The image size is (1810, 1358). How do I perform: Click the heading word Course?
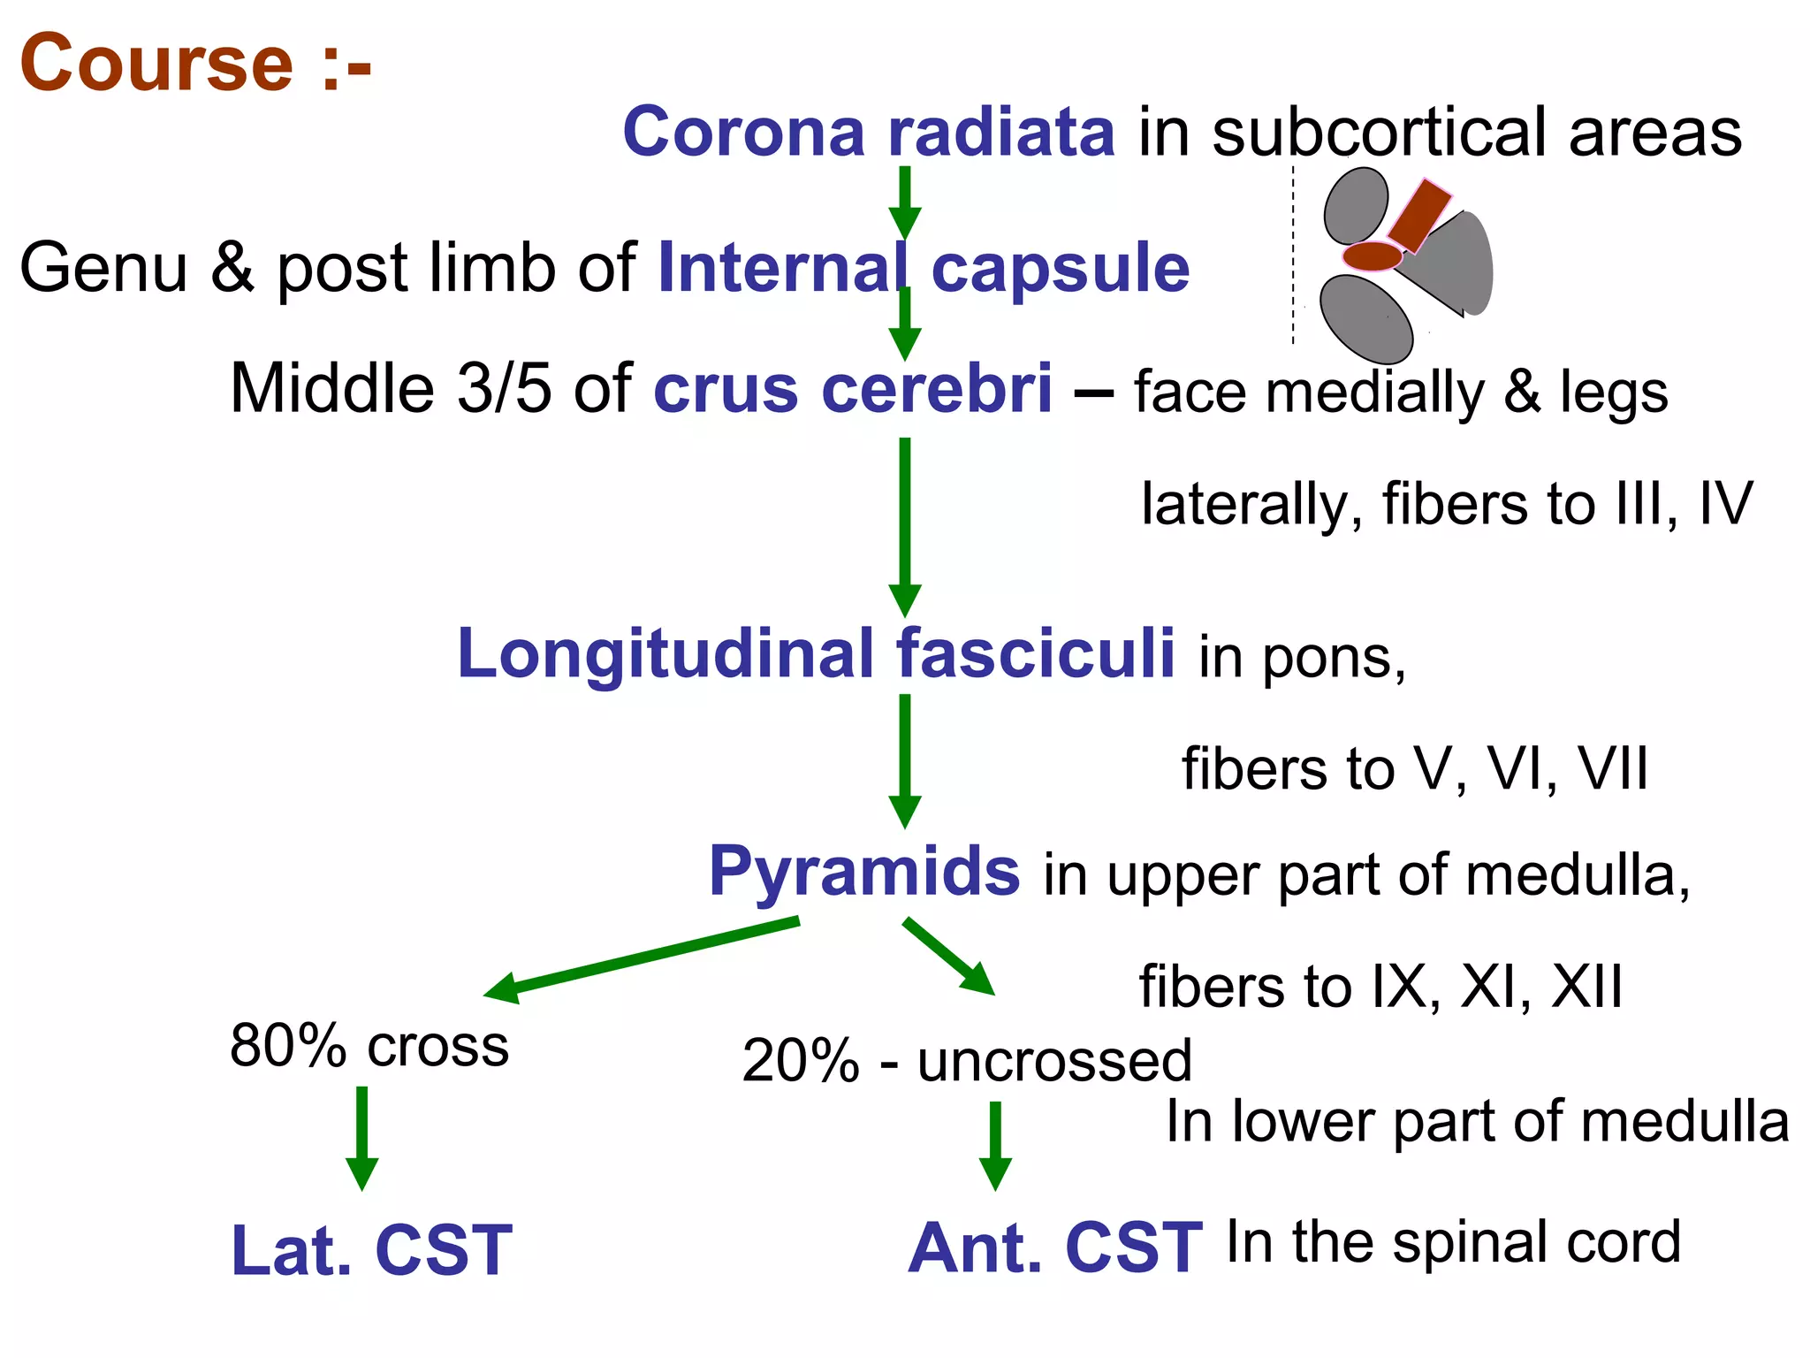pos(156,64)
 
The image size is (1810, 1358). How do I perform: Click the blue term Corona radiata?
pos(869,133)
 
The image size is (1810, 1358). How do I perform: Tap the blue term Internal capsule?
pos(924,268)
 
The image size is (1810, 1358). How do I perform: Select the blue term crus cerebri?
pos(853,389)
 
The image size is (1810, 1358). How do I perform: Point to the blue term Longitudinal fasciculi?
pos(816,654)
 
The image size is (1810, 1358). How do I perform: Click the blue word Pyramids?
pos(864,872)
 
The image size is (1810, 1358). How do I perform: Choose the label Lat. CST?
pos(371,1250)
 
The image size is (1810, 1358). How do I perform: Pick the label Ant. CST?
pos(1055,1248)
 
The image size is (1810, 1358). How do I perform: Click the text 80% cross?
pos(369,1046)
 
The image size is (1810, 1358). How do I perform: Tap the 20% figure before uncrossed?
pos(800,1061)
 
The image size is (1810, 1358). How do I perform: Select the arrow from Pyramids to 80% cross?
pos(641,961)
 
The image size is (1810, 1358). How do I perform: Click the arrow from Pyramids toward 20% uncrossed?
pos(949,957)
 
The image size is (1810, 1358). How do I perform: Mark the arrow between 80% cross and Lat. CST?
pos(361,1138)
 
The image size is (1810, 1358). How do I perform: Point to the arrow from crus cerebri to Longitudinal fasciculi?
pos(904,526)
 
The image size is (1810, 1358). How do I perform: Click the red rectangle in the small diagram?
pos(1419,215)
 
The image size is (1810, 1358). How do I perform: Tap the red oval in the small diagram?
pos(1373,256)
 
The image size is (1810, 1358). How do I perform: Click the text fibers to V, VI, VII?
pos(1414,768)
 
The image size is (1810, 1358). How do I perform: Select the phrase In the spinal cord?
pos(1453,1242)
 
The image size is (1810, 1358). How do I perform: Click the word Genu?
pos(103,268)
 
